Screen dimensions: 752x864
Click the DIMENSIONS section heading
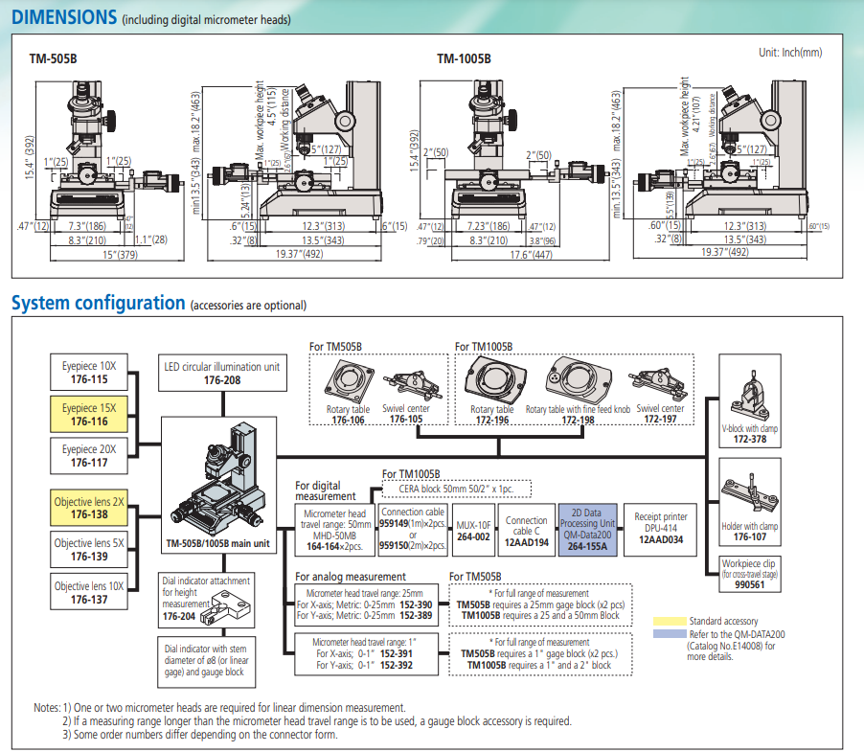tap(64, 16)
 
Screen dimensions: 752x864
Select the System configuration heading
tap(98, 303)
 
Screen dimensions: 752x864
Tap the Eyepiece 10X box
tap(89, 373)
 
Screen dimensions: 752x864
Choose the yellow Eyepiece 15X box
tap(89, 414)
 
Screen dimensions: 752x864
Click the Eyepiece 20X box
tap(89, 455)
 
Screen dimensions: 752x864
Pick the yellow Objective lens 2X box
tap(89, 508)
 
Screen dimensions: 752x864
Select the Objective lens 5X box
tap(89, 549)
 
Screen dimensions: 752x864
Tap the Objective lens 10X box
tap(89, 592)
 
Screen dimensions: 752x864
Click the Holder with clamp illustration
tap(754, 493)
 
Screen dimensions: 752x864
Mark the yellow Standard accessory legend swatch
tap(668, 622)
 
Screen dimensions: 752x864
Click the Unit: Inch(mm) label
tap(789, 53)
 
